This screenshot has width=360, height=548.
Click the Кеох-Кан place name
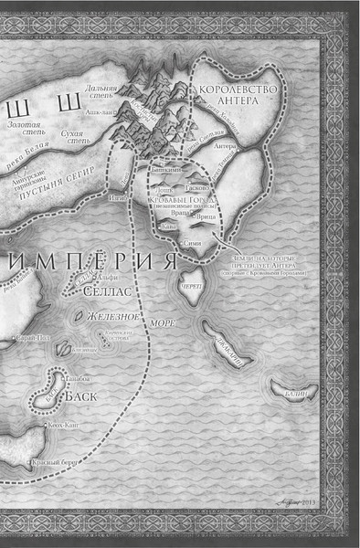click(x=64, y=425)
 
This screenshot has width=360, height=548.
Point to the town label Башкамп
click(x=158, y=171)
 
